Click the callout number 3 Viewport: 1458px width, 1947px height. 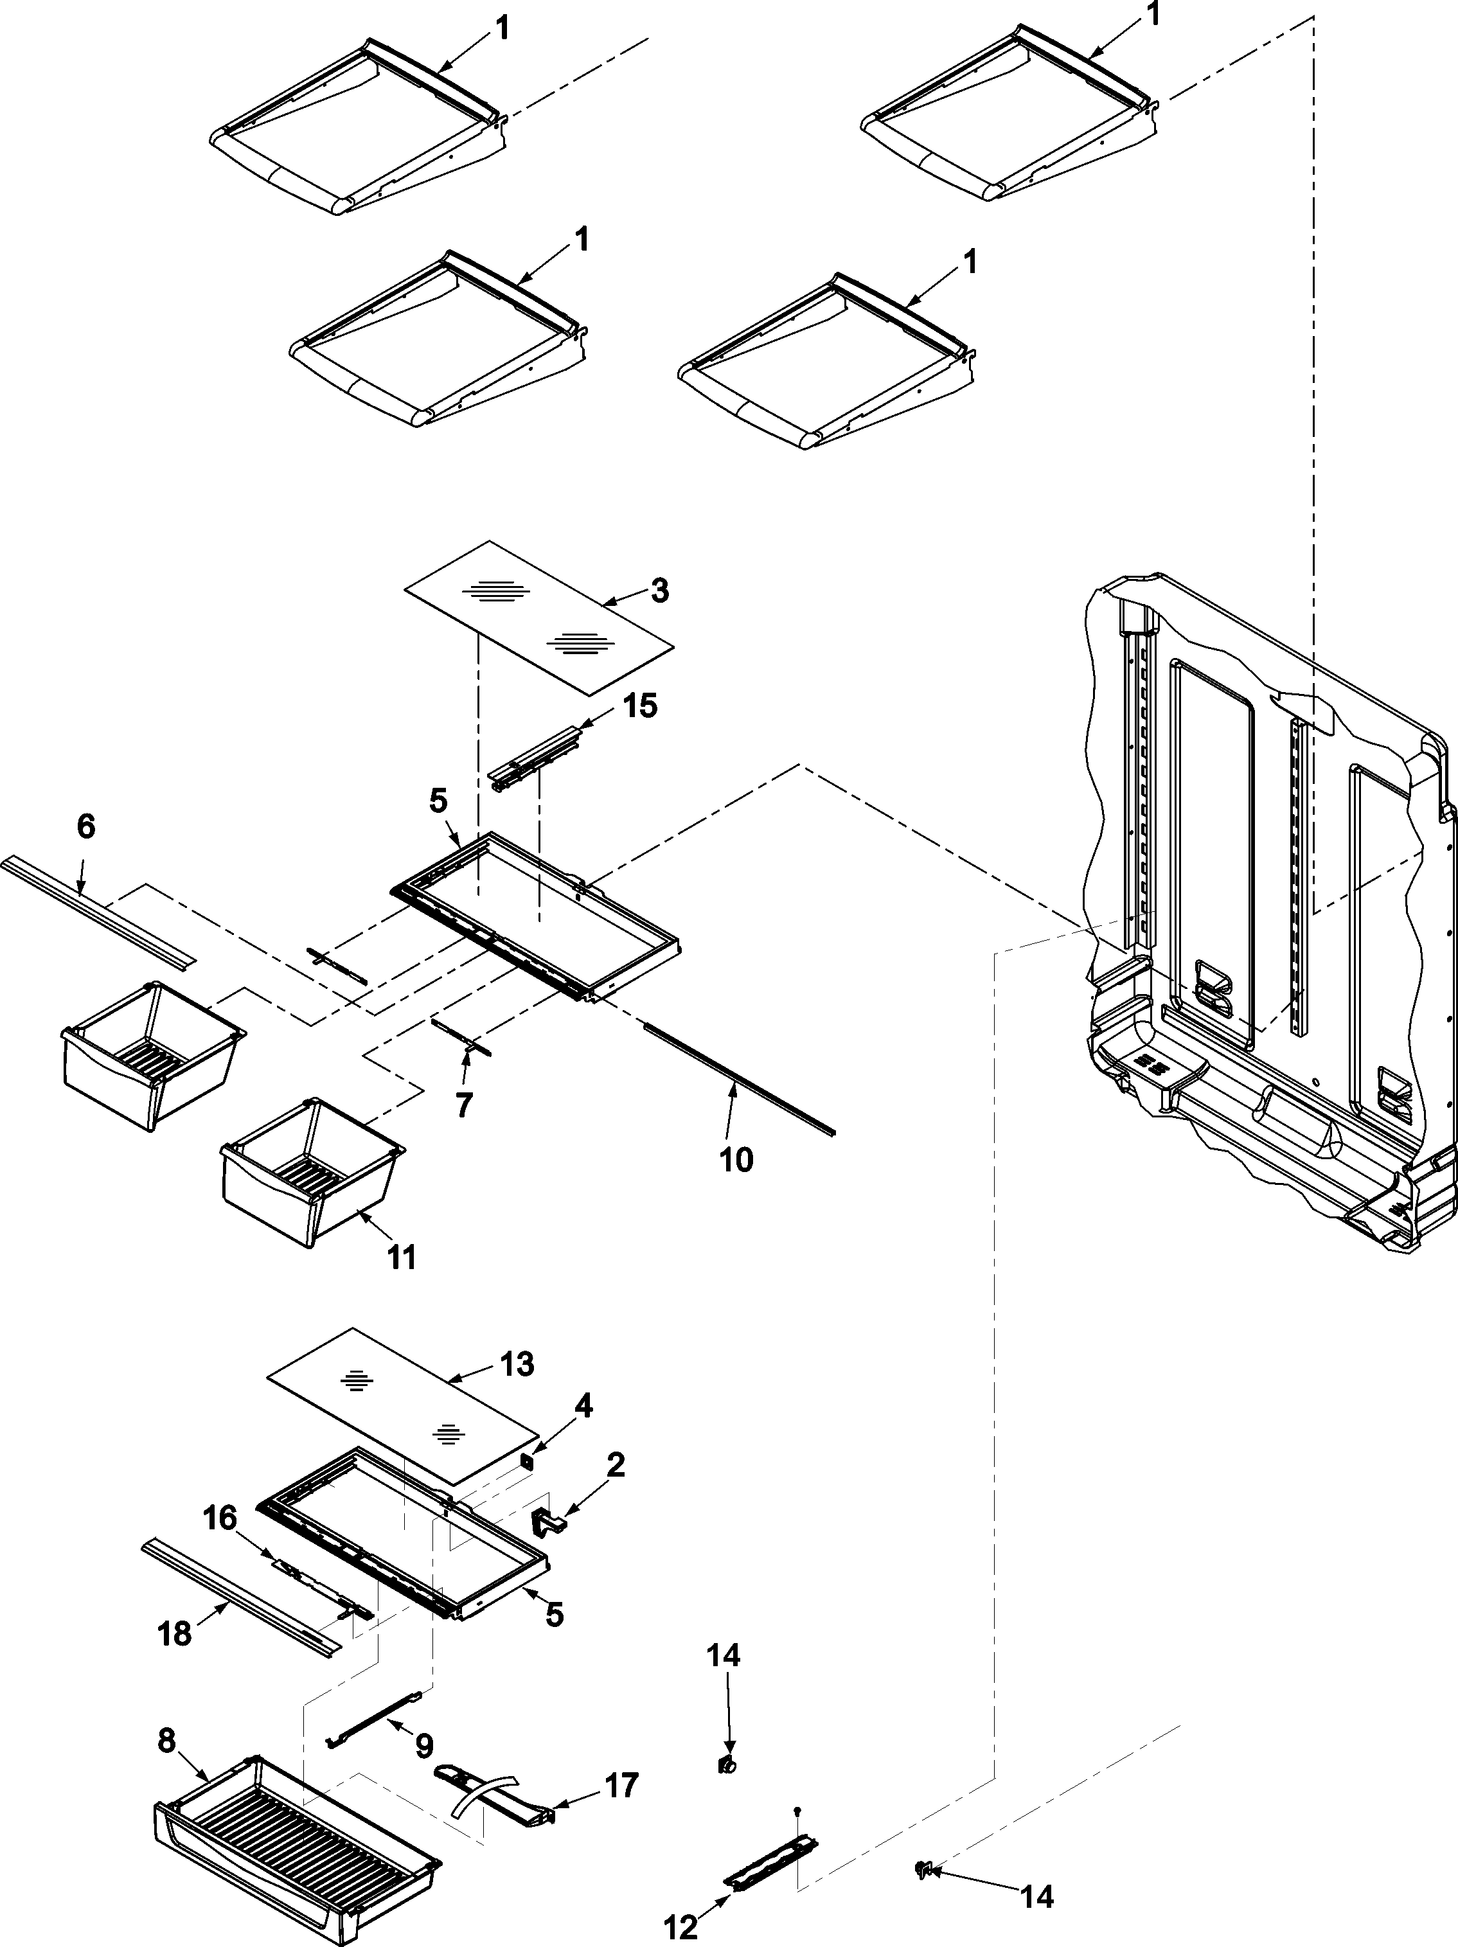[x=659, y=591]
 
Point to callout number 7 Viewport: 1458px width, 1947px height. [x=464, y=1104]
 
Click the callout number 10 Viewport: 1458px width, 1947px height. [x=736, y=1159]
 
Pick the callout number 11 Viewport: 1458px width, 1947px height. [x=402, y=1258]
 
